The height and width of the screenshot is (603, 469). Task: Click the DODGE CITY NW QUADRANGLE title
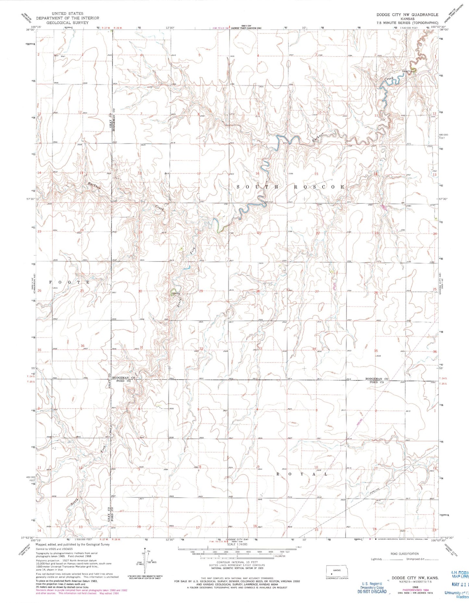(407, 15)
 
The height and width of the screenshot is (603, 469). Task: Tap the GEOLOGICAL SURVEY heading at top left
(63, 23)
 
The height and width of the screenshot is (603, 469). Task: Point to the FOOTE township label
(69, 282)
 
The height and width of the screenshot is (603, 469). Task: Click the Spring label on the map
(176, 294)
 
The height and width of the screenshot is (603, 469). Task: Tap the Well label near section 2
(63, 56)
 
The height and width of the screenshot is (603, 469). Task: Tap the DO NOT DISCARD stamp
(372, 591)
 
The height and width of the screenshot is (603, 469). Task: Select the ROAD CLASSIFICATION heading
(404, 554)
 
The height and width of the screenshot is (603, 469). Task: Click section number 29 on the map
(201, 291)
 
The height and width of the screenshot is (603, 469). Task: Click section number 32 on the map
(201, 349)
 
